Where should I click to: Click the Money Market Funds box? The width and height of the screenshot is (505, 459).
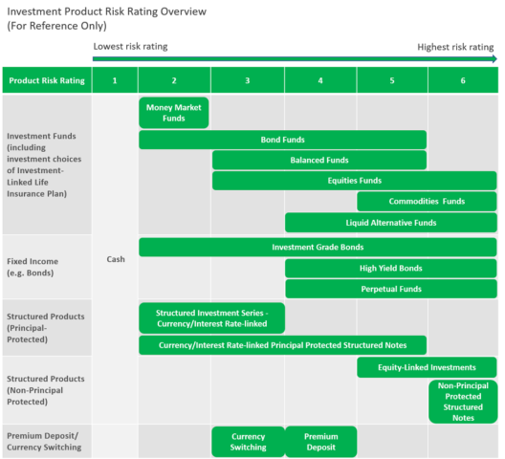click(174, 113)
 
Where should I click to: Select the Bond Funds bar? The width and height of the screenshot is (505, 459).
click(282, 140)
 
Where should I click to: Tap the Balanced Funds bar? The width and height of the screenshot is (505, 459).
click(318, 160)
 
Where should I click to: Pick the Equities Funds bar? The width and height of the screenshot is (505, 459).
click(354, 180)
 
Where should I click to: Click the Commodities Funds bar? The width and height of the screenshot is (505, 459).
click(427, 201)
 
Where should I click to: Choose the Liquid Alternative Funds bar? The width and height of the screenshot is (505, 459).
click(390, 222)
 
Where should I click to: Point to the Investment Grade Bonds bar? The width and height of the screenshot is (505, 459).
click(318, 247)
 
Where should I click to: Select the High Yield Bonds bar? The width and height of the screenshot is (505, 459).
click(390, 268)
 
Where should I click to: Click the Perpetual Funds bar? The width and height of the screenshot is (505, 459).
click(390, 288)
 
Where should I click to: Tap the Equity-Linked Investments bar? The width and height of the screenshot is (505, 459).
click(427, 367)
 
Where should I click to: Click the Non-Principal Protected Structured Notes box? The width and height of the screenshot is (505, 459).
click(463, 401)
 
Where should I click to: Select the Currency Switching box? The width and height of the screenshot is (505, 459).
click(248, 442)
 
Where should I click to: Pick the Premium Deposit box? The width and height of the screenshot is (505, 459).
click(320, 442)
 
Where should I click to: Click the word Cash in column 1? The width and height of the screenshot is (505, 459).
click(115, 259)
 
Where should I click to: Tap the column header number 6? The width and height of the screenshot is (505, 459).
click(463, 80)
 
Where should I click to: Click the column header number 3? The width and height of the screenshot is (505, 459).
click(248, 80)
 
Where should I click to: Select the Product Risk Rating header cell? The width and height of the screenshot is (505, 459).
click(47, 80)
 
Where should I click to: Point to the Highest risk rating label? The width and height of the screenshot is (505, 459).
click(456, 46)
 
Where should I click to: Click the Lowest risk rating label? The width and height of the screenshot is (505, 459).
click(130, 46)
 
